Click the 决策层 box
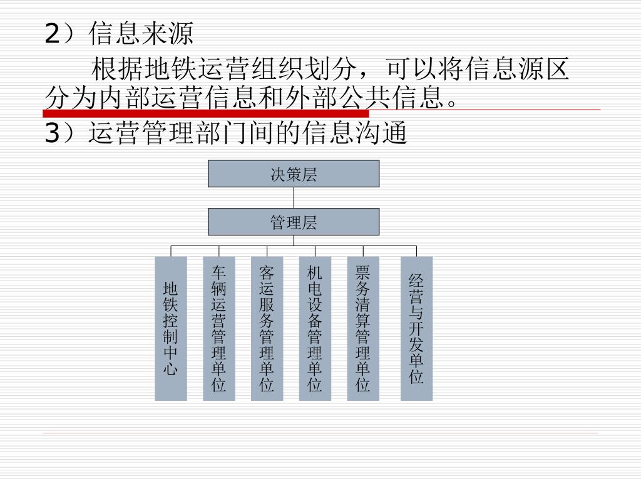coord(294,174)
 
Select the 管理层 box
coord(294,222)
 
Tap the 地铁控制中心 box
coord(171,329)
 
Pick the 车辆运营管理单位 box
coord(219,329)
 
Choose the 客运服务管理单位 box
coord(267,329)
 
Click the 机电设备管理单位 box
coord(315,329)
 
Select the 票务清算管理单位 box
coord(363,329)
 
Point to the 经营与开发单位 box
coord(416,329)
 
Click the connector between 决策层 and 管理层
coord(294,197)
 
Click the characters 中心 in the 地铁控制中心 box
coord(171,361)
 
